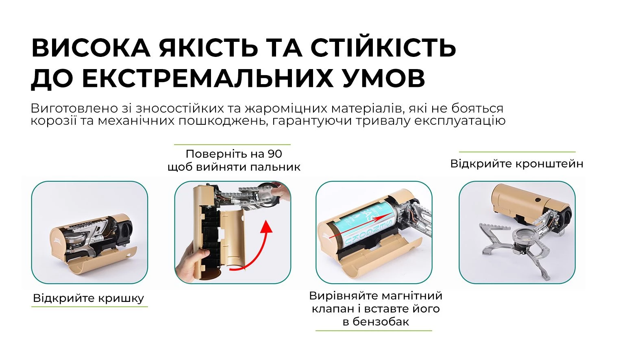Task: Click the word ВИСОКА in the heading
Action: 91,48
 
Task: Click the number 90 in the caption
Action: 274,154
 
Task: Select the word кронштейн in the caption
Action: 549,164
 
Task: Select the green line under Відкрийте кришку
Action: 89,307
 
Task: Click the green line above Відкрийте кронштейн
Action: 517,152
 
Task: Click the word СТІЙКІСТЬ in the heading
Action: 383,48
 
